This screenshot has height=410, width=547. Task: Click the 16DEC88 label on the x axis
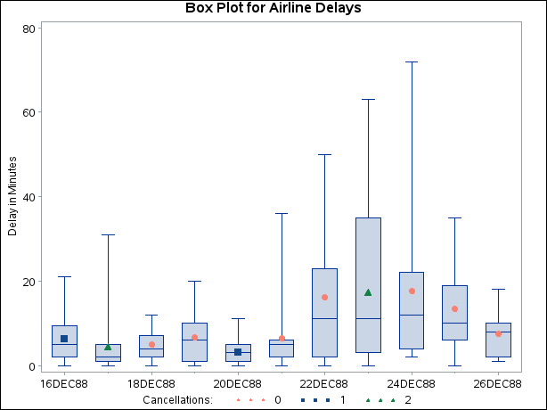tap(64, 383)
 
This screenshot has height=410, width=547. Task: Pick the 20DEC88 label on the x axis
tap(237, 383)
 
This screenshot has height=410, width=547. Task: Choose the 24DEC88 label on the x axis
tap(411, 383)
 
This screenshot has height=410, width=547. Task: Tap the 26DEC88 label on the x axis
tap(497, 383)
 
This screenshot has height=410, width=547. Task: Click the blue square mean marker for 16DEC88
tap(64, 339)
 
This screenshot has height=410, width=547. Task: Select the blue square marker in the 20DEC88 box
tap(238, 352)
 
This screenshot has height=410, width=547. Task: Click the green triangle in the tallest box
tap(368, 292)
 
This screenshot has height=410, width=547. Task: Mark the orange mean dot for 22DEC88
tap(324, 297)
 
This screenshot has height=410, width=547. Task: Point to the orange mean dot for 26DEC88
tap(498, 333)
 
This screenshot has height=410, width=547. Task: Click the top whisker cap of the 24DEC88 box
tap(412, 61)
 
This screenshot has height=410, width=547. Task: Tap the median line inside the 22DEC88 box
tap(324, 318)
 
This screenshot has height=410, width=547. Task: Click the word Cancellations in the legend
tap(178, 400)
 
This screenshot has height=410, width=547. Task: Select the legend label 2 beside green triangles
tap(407, 400)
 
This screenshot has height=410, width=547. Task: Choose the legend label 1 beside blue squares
tap(342, 400)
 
